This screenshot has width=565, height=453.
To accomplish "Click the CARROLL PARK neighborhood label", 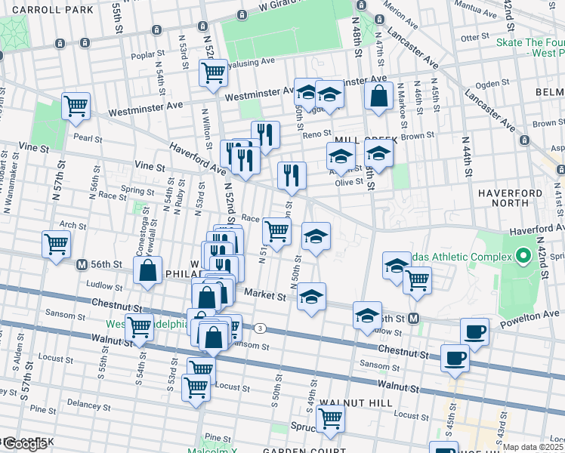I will pos(47,10).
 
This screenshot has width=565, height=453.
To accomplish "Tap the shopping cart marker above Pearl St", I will pos(76,107).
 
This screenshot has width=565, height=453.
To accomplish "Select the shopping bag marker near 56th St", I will pos(148,272).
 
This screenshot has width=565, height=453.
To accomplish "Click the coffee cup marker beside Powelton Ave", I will pos(474,331).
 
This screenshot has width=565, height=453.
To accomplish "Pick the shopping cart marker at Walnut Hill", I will pos(330,418).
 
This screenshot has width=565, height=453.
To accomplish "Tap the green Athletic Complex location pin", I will pos(521,257).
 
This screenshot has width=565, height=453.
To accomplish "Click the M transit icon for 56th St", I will pos(82,265).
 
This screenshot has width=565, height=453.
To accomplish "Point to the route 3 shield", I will pos(261,328).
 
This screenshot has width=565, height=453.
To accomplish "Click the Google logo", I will pos(24,444).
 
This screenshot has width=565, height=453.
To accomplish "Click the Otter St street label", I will pos(476,37).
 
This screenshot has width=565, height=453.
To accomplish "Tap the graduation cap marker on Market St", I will pos(311,297).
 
